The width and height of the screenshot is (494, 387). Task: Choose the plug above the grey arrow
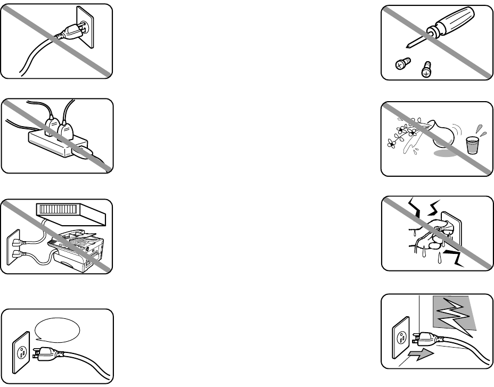click(426, 337)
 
